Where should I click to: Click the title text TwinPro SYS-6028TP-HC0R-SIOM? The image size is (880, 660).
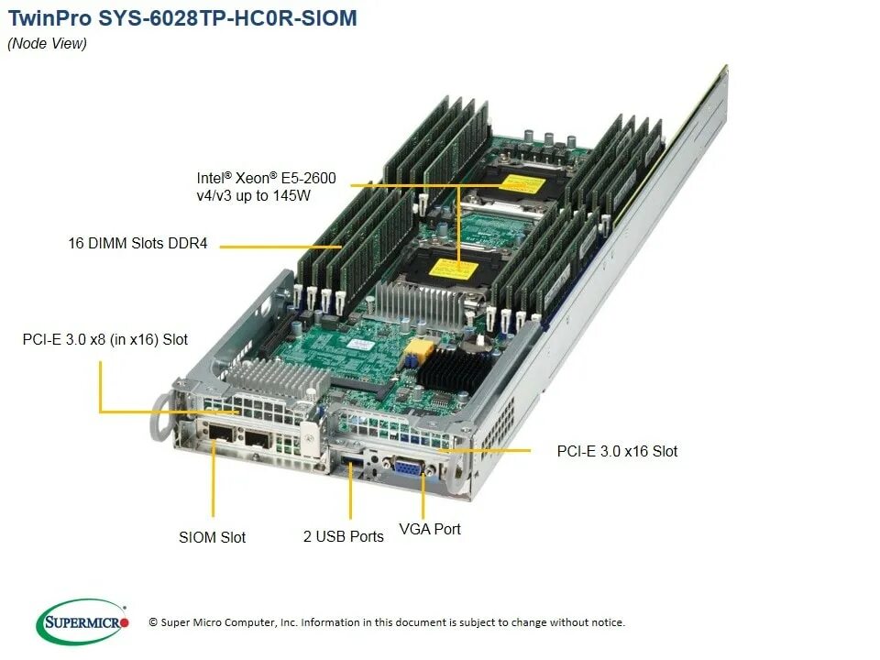point(182,18)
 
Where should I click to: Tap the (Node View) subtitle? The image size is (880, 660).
point(47,44)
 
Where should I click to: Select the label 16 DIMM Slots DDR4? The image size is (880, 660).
point(138,244)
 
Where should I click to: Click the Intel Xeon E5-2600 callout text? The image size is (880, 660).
point(266,186)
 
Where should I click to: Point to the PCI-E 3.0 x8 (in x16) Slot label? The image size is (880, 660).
point(105,340)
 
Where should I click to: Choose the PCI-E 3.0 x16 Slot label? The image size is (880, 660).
point(617,451)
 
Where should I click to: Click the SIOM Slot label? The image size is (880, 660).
point(212,537)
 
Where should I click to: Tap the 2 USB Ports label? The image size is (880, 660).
point(344,536)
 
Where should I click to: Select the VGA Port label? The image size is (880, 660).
point(430,529)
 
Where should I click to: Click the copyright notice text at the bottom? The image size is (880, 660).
point(386,622)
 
